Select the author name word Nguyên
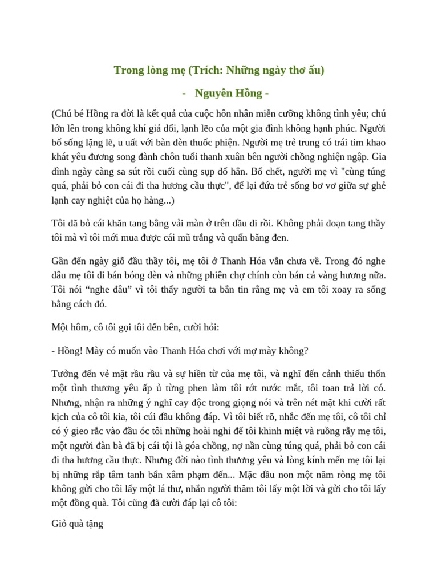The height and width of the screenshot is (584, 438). [213, 93]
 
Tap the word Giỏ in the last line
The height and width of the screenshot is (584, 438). [60, 523]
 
